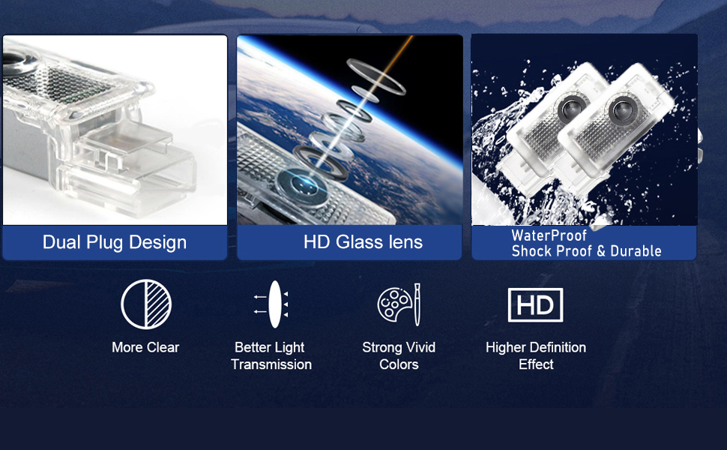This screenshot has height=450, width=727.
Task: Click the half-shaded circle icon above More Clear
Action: click(x=146, y=304)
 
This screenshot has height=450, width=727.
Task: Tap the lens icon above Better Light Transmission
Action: click(x=275, y=304)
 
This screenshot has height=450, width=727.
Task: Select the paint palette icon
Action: click(x=394, y=304)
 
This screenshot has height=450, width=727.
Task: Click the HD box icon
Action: click(x=536, y=304)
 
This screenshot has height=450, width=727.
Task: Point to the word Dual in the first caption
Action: click(x=61, y=241)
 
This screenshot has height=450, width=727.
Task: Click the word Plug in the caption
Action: click(x=105, y=243)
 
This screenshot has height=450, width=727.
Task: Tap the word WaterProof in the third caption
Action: click(x=549, y=235)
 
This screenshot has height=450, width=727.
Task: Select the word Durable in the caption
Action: click(x=636, y=251)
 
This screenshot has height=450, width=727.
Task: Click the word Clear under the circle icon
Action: click(x=163, y=347)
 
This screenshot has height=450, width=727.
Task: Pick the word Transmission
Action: click(x=271, y=364)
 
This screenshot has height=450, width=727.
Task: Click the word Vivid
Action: click(x=420, y=347)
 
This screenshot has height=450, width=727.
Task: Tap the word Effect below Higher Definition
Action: click(x=536, y=364)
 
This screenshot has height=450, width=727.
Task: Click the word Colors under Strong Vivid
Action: click(x=399, y=364)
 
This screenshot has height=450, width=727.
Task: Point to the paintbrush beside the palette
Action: click(x=417, y=304)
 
